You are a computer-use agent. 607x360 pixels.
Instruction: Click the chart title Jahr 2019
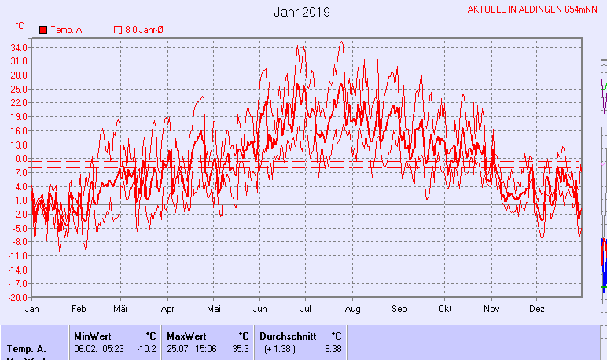302,12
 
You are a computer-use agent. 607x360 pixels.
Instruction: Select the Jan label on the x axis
32,309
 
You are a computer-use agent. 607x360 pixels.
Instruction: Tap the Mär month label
120,309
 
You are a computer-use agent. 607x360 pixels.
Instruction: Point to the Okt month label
445,309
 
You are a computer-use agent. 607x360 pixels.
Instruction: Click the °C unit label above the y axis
20,25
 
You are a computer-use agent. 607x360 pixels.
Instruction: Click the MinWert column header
92,336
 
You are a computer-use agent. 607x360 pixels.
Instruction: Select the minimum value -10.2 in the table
145,348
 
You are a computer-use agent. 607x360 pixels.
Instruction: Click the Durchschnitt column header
288,336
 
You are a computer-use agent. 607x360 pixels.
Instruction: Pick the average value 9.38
333,348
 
